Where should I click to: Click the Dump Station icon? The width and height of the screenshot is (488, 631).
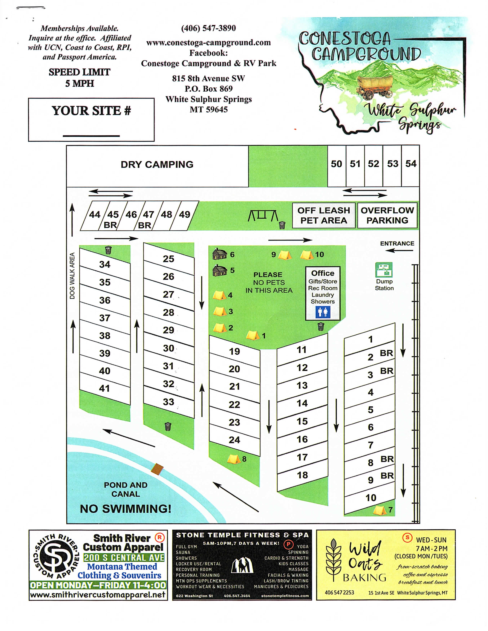tap(384, 270)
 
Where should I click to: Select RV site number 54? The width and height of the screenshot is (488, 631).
tap(410, 164)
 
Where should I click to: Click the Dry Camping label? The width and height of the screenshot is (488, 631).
tap(157, 164)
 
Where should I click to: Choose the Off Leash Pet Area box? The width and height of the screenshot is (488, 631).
tap(323, 215)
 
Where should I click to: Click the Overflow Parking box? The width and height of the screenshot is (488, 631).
tap(387, 215)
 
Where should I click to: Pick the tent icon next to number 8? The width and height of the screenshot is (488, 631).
tap(234, 459)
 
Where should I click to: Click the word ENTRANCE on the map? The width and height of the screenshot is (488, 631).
tap(397, 244)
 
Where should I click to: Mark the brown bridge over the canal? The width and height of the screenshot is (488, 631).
tap(157, 469)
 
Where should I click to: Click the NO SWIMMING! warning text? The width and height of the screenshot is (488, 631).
tap(126, 509)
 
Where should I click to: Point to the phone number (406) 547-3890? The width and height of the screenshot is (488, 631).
tap(208, 28)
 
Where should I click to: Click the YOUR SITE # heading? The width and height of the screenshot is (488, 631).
tap(91, 111)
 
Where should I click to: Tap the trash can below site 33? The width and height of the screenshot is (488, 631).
tap(168, 426)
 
